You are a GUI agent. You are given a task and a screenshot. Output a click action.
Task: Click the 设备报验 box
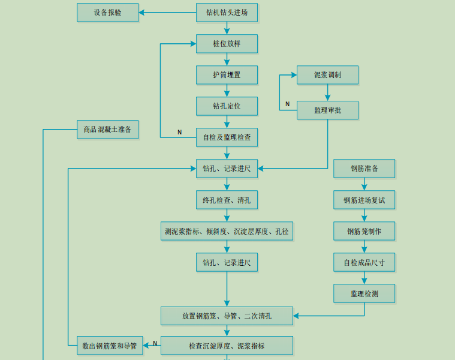point(107,13)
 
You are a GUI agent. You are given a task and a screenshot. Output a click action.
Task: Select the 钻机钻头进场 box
point(227,13)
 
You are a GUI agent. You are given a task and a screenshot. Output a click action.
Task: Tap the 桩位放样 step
point(227,44)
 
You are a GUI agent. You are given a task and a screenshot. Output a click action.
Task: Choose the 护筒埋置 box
point(227,75)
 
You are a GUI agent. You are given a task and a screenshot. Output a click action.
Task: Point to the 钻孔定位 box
point(227,106)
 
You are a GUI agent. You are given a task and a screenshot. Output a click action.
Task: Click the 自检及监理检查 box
point(227,137)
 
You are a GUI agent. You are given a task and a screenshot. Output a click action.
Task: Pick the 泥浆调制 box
point(327,75)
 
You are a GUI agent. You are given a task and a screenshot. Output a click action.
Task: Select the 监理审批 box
point(327,110)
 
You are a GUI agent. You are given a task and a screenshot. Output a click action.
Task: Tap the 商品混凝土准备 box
point(107,130)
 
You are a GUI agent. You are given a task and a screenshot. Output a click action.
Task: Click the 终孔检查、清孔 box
point(227,200)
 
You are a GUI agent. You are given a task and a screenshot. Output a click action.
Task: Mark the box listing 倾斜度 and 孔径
point(227,231)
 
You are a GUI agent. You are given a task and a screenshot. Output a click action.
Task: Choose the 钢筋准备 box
point(364,169)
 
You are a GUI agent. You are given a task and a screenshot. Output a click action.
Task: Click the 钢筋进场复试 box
point(364,200)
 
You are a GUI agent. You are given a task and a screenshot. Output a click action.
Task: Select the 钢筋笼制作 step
point(364,231)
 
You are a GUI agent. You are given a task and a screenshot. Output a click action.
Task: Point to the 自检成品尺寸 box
point(364,262)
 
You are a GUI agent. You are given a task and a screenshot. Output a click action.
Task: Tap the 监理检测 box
point(364,293)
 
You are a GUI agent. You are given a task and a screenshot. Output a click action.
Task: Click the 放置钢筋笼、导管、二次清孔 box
point(227,316)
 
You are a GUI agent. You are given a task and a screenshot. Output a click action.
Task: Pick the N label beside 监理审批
point(287,104)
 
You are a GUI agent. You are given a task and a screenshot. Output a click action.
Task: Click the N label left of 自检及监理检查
point(179,132)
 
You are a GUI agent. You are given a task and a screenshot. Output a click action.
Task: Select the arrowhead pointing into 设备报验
point(142,13)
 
